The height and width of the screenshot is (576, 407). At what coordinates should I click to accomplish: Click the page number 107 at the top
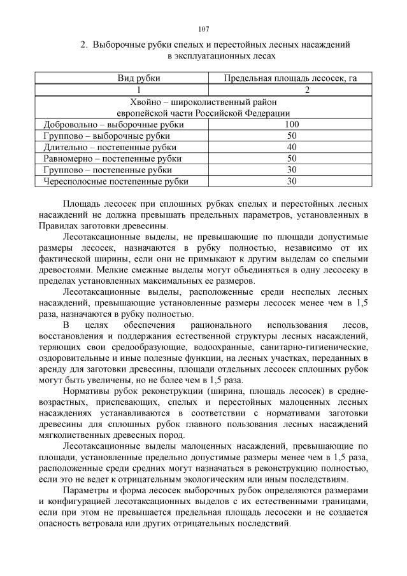tap(204, 29)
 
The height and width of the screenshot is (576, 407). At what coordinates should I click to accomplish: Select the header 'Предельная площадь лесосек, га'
tap(290, 78)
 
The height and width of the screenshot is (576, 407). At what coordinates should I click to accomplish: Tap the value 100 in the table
tap(292, 124)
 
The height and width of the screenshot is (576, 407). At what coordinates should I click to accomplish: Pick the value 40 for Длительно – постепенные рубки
tap(292, 147)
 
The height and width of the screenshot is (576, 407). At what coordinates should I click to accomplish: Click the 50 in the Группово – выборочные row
tap(292, 136)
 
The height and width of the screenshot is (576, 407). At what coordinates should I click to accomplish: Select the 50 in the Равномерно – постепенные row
tap(292, 158)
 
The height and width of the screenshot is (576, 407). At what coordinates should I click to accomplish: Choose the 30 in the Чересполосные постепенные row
tap(292, 181)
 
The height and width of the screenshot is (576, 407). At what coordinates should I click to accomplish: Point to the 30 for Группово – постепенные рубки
tap(292, 170)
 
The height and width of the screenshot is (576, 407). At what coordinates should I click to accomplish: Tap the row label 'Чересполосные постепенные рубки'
tap(116, 181)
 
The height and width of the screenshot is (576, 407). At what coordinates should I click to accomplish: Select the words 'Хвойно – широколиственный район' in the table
tap(203, 102)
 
